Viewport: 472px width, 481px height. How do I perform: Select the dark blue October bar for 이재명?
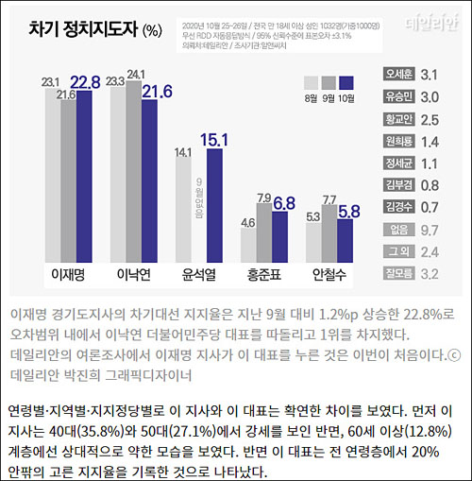click(x=83, y=180)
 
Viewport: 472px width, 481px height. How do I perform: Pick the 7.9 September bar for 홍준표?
click(x=265, y=232)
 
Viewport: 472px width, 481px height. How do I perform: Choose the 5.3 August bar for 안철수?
click(x=313, y=242)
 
